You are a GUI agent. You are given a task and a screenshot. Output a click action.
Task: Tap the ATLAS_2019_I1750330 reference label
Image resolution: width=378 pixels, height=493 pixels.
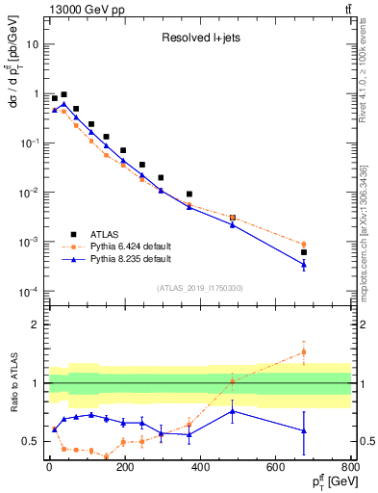(199, 288)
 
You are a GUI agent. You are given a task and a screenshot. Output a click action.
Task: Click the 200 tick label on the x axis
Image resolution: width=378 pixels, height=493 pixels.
(124, 467)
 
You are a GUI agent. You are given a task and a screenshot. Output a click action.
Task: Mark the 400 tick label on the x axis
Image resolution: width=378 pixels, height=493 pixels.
(200, 467)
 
